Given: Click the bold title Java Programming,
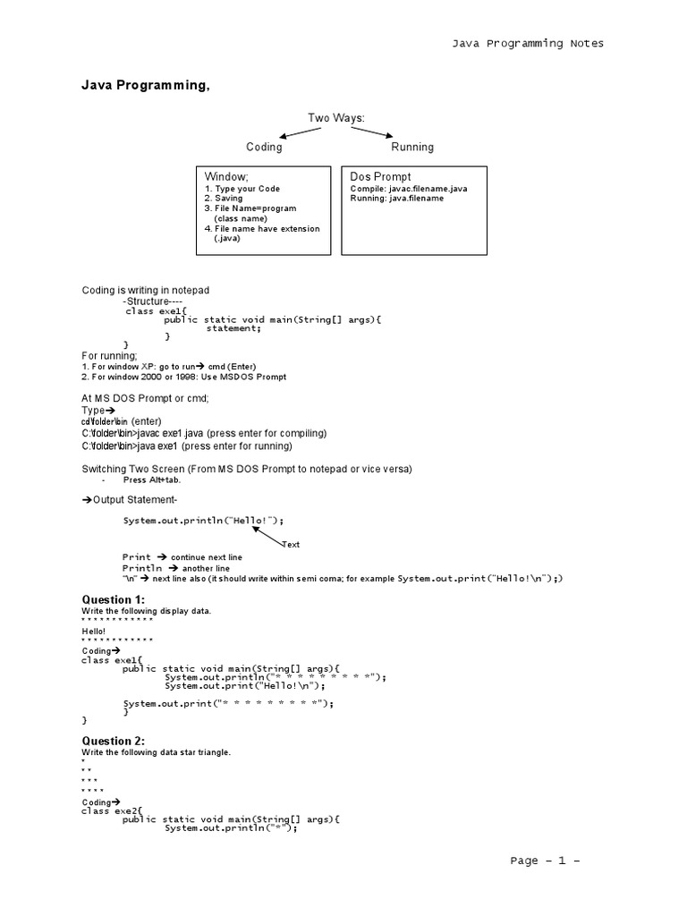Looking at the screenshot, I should point(147,86).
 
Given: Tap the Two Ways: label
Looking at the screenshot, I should point(336,118).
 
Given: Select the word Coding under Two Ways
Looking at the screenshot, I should point(264,147).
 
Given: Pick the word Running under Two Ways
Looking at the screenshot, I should point(412,147).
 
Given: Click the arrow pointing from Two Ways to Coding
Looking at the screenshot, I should point(301,132).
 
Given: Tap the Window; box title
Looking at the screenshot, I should point(226,177).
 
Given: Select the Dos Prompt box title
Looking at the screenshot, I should point(381,177).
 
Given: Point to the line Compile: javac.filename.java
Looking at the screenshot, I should point(409,190).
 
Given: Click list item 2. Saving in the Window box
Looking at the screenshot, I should point(224,199).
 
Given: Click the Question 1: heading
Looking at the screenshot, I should point(113,599).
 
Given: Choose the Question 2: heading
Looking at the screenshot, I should point(113,741).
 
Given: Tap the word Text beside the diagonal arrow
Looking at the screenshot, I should point(291,544).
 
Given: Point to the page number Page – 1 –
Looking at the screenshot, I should point(546,861).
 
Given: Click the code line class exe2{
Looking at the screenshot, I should point(112,810).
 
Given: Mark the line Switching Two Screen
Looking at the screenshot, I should point(247,470).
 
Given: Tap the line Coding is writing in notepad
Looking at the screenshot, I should point(146,291).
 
